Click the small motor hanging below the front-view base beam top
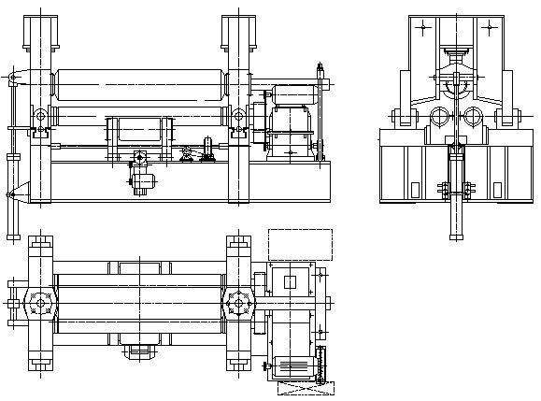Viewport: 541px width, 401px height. point(141,179)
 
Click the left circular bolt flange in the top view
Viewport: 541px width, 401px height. point(39,304)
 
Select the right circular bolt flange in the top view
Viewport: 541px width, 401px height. point(238,304)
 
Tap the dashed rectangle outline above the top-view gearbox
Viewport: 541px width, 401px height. point(300,244)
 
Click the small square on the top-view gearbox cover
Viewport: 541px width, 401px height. point(289,282)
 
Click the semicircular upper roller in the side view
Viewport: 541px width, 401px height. point(456,88)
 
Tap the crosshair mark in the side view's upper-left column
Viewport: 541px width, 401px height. point(424,28)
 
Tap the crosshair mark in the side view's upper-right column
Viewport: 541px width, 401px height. point(487,28)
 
